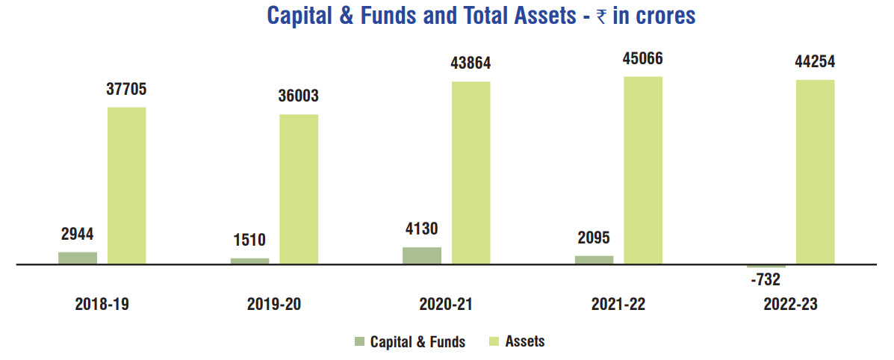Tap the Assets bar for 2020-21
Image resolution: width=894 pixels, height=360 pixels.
point(471,173)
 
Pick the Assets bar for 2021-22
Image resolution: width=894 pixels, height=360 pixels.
point(643,170)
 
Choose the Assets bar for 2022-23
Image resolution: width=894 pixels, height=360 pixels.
point(815,172)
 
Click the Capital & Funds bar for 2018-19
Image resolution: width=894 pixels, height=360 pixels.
point(78,258)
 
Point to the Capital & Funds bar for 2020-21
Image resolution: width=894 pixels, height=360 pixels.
point(422,255)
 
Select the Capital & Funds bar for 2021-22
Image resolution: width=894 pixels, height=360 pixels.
point(594,260)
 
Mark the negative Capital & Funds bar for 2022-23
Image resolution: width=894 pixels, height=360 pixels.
point(766,266)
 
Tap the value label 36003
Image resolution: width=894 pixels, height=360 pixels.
point(299,97)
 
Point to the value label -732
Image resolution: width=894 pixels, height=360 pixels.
point(766,279)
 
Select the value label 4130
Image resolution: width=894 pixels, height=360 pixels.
point(422,229)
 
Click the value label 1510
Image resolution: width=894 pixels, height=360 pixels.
point(250,240)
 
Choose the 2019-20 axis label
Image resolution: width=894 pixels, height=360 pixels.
point(274,304)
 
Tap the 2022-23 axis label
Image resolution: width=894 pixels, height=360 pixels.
point(791,304)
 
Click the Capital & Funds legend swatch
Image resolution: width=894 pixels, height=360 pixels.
point(360,341)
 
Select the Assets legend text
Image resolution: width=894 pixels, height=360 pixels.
point(525,341)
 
